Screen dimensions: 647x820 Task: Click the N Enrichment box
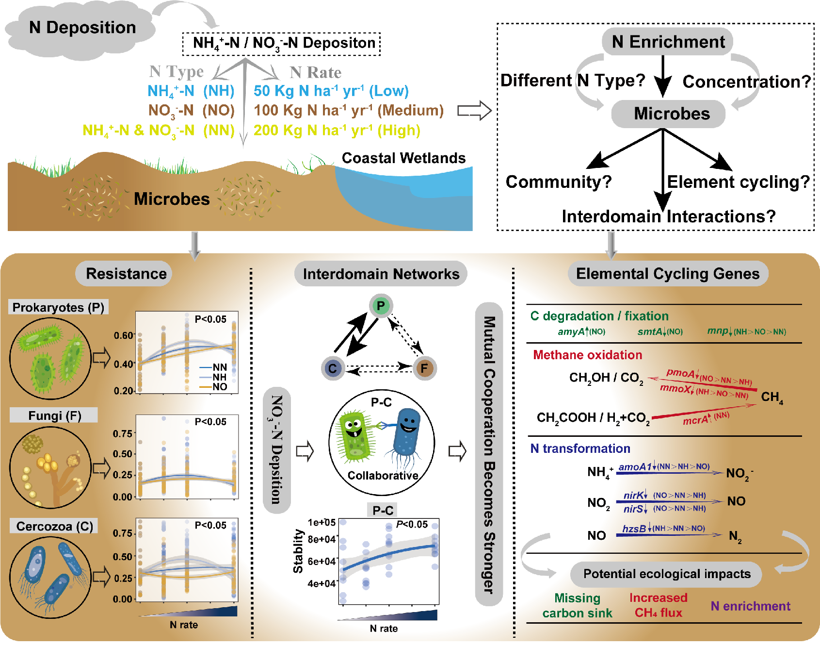click(x=668, y=42)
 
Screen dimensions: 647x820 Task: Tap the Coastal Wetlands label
click(x=403, y=158)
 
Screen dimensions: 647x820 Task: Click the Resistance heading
click(x=126, y=274)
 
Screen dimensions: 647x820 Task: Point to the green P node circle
click(x=381, y=306)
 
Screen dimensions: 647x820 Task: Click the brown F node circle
click(x=424, y=368)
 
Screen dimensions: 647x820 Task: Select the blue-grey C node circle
click(x=333, y=368)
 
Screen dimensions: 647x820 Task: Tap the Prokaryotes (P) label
click(x=58, y=307)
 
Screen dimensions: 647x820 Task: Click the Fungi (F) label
click(x=54, y=415)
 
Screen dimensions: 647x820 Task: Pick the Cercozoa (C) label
click(x=54, y=526)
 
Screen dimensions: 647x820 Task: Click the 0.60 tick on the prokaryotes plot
click(x=123, y=335)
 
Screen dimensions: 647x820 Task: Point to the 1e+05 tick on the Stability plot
click(x=322, y=522)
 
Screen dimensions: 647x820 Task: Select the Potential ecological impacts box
click(x=666, y=574)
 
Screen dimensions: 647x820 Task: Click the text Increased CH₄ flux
click(x=658, y=605)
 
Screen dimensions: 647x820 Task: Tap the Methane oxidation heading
click(x=587, y=355)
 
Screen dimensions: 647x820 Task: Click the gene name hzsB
click(x=634, y=529)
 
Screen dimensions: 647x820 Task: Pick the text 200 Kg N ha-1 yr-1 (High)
click(x=337, y=131)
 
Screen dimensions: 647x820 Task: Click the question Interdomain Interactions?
click(x=668, y=216)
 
